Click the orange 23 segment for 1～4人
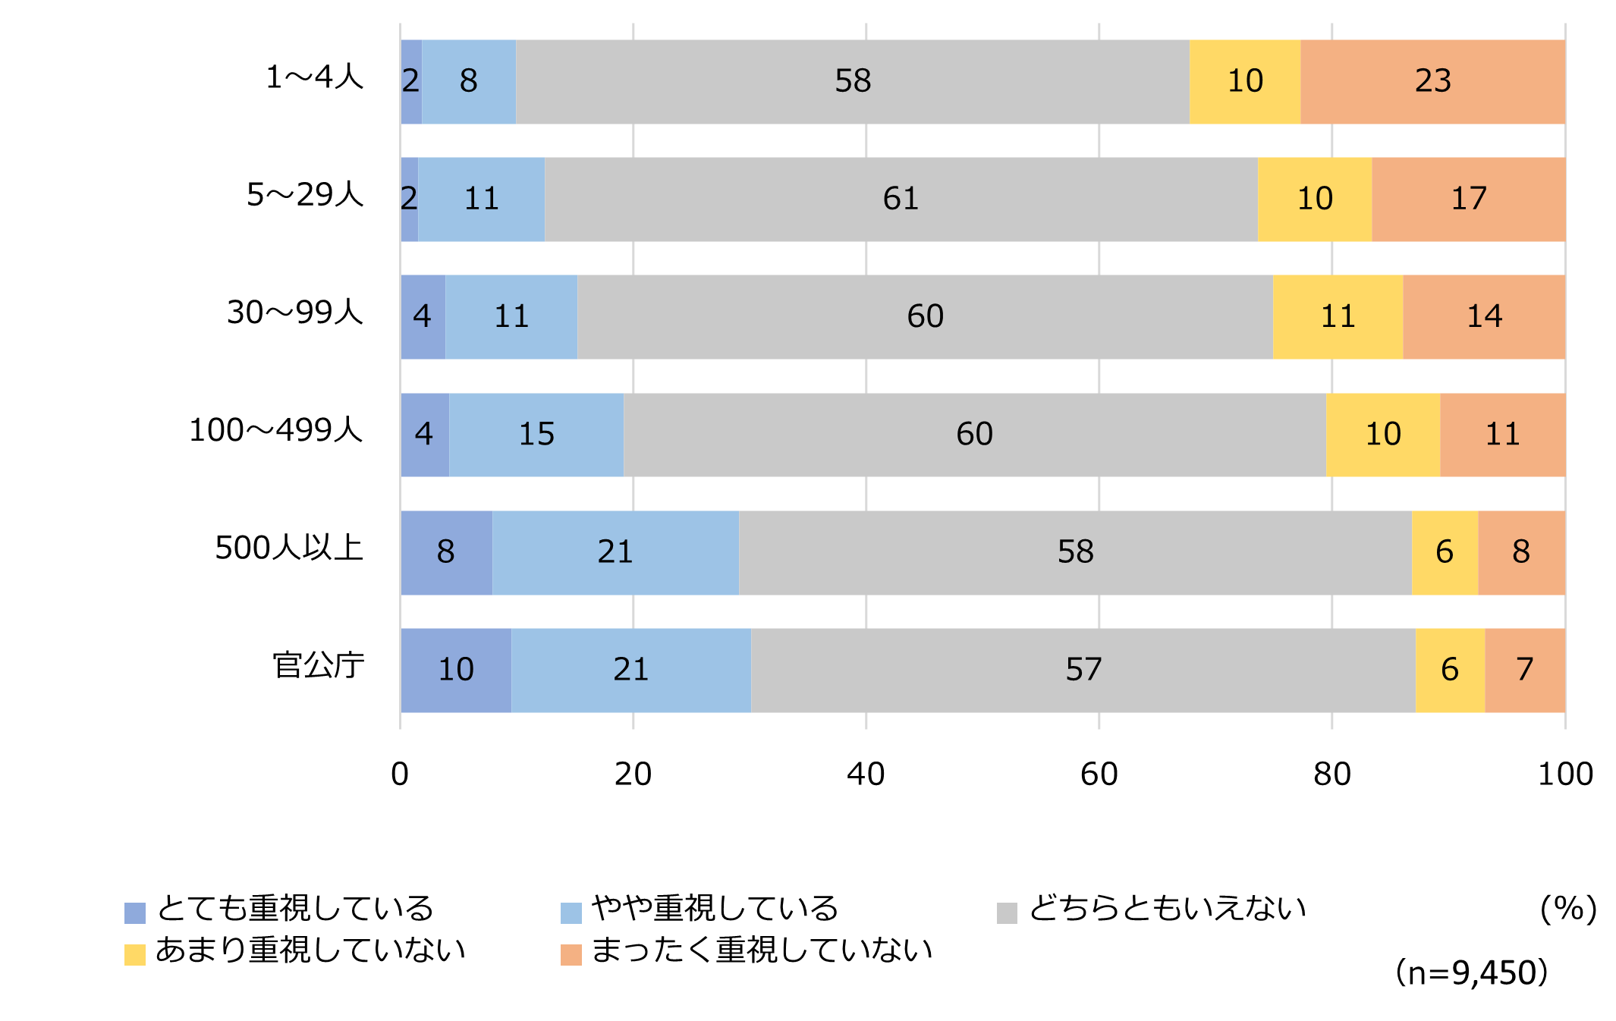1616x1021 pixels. click(1432, 82)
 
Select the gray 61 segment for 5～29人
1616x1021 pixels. click(901, 199)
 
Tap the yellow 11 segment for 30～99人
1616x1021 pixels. click(1338, 317)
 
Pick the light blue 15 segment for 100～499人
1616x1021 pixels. click(536, 435)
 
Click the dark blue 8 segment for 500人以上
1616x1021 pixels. click(446, 552)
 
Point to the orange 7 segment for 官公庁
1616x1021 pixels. click(1525, 670)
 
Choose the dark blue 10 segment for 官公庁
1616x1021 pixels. click(456, 670)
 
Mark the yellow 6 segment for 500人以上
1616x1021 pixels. click(1445, 552)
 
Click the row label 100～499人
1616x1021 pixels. click(276, 430)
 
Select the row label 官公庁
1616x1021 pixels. click(319, 665)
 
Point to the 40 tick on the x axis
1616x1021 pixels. click(866, 774)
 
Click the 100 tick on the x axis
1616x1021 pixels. click(1564, 774)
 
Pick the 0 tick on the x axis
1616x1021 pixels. click(400, 774)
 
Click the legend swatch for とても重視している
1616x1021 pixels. click(135, 913)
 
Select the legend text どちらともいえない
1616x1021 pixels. click(1167, 908)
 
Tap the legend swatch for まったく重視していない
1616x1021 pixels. click(571, 954)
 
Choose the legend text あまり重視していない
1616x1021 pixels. click(310, 950)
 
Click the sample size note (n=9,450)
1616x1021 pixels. click(1471, 972)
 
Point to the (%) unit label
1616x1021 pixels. click(1568, 908)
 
